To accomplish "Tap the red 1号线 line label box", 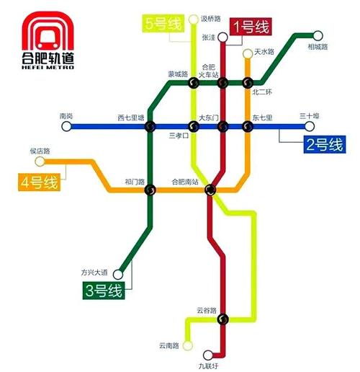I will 251,27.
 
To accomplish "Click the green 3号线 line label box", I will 101,291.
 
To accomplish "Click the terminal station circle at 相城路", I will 318,34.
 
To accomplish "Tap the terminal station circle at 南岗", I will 66,127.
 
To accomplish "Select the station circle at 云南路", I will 188,345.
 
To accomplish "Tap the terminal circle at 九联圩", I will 208,355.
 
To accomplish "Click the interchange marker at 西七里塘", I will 150,128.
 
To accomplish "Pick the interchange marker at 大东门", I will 222,128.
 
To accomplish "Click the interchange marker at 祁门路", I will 150,190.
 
